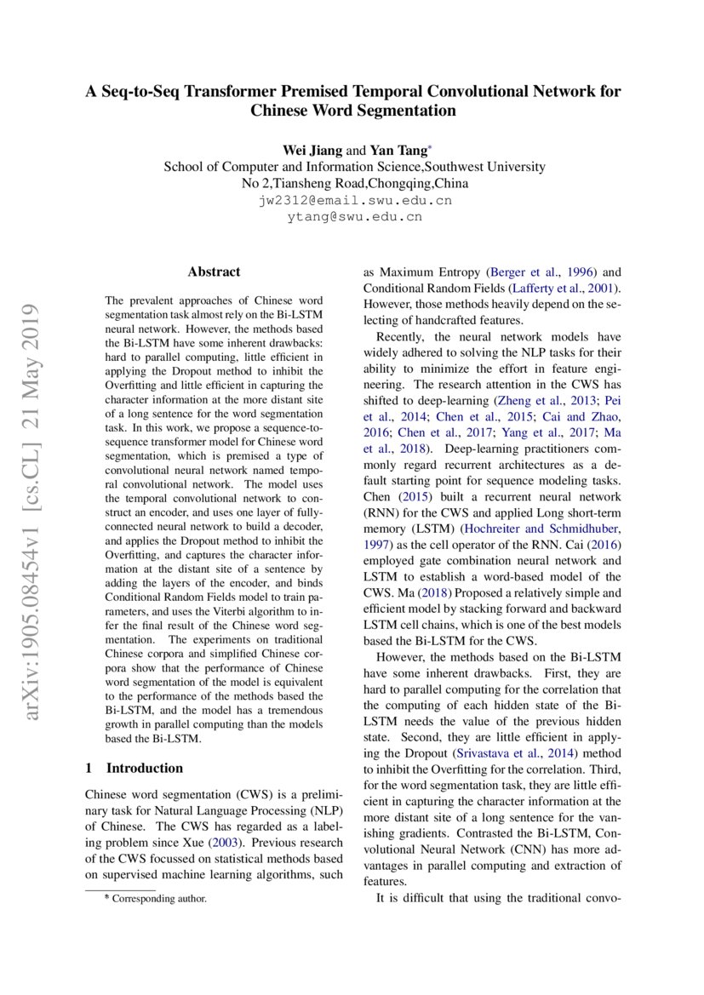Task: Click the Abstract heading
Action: click(214, 272)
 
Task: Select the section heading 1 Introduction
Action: click(135, 768)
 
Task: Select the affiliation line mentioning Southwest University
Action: click(353, 167)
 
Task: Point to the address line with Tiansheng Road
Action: click(353, 183)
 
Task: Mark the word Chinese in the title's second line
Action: click(282, 112)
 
